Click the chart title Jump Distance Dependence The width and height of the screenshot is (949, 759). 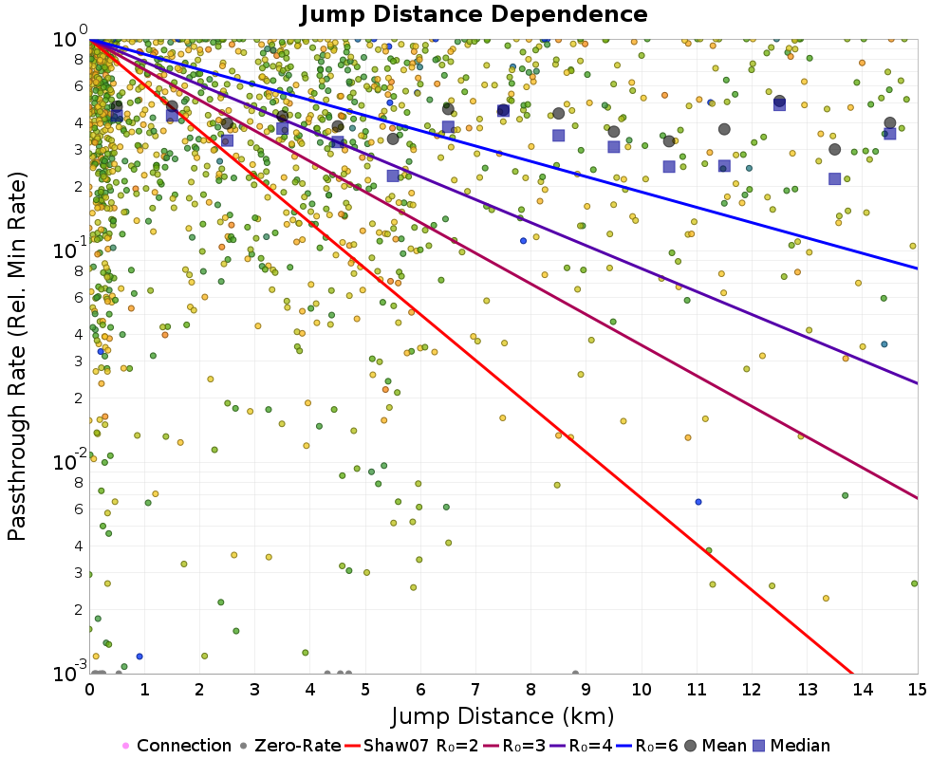(474, 14)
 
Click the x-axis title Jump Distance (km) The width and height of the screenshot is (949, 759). (503, 714)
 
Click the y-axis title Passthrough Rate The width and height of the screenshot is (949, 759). (17, 356)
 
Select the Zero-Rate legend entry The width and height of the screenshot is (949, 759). (290, 746)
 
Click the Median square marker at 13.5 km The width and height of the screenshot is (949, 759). (835, 178)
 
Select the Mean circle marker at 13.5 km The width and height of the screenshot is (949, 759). (835, 149)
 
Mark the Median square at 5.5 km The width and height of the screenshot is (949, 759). (393, 176)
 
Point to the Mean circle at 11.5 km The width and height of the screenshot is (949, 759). (724, 129)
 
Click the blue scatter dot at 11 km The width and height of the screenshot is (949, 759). (698, 501)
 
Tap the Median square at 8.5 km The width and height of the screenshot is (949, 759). (559, 136)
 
